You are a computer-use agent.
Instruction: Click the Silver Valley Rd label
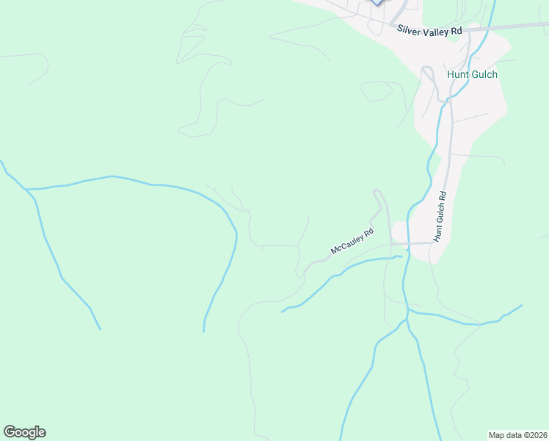click(x=429, y=31)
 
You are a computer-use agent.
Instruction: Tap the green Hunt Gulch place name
click(x=471, y=74)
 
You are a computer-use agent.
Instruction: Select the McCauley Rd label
click(x=352, y=241)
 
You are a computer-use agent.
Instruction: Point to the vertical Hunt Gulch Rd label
click(x=440, y=217)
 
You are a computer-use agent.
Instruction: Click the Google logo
click(x=24, y=432)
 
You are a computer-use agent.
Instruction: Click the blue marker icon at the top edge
click(x=377, y=2)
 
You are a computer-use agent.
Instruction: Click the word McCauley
click(x=348, y=244)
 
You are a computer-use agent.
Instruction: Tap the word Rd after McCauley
click(x=368, y=232)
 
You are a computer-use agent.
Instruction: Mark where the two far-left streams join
click(x=29, y=190)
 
